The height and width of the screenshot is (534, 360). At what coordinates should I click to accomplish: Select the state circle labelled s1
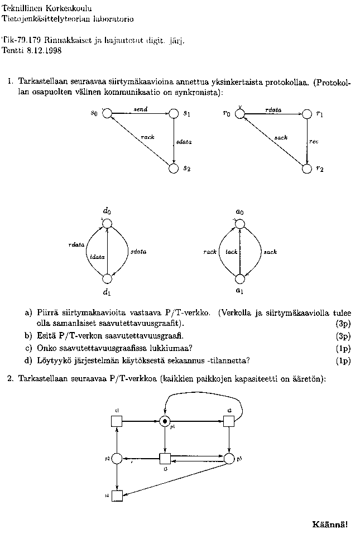pyautogui.click(x=173, y=114)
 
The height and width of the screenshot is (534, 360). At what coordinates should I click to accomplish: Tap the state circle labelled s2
pyautogui.click(x=173, y=167)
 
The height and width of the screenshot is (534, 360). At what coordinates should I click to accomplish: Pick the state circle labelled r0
pyautogui.click(x=239, y=114)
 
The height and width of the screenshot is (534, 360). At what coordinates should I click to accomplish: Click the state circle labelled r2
pyautogui.click(x=306, y=168)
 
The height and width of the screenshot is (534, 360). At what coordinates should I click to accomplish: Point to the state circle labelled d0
pyautogui.click(x=107, y=223)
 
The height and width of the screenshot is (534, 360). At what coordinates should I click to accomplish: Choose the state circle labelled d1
pyautogui.click(x=107, y=278)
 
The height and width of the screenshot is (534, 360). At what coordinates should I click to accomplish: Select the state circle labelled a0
pyautogui.click(x=239, y=224)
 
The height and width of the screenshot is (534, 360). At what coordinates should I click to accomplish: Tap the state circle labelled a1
pyautogui.click(x=239, y=278)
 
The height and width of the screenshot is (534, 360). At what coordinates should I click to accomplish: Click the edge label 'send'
pyautogui.click(x=141, y=109)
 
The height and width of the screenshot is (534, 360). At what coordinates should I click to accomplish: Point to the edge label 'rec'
pyautogui.click(x=314, y=142)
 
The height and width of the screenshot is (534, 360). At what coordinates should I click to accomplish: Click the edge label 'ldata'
pyautogui.click(x=97, y=257)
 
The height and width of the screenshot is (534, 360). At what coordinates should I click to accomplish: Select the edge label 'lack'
pyautogui.click(x=231, y=252)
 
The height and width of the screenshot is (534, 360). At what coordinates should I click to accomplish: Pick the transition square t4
pyautogui.click(x=117, y=495)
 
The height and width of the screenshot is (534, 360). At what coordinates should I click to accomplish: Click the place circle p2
pyautogui.click(x=117, y=459)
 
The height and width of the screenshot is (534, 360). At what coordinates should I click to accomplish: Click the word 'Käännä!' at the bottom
pyautogui.click(x=330, y=524)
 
